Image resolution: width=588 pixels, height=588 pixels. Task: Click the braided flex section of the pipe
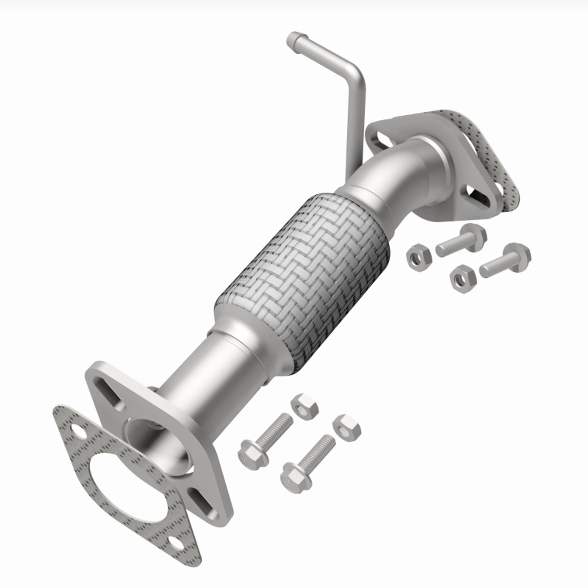pyautogui.click(x=303, y=276)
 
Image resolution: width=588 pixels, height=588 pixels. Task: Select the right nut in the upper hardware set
pyautogui.click(x=461, y=277)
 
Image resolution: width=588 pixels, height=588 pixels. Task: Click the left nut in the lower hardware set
pyautogui.click(x=302, y=406)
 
